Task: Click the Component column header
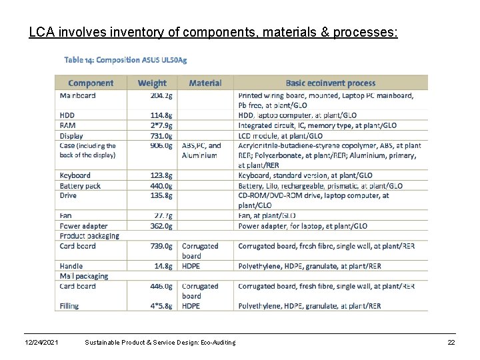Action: (91, 83)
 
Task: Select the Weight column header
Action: (152, 83)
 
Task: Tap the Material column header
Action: (205, 83)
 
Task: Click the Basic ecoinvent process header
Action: (331, 83)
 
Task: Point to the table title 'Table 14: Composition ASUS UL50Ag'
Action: (125, 59)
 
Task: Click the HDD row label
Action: (68, 115)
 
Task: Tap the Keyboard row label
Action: (75, 175)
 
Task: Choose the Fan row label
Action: (66, 215)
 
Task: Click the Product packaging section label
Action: (89, 235)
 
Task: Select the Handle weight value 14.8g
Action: (163, 266)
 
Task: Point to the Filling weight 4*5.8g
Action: (161, 306)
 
